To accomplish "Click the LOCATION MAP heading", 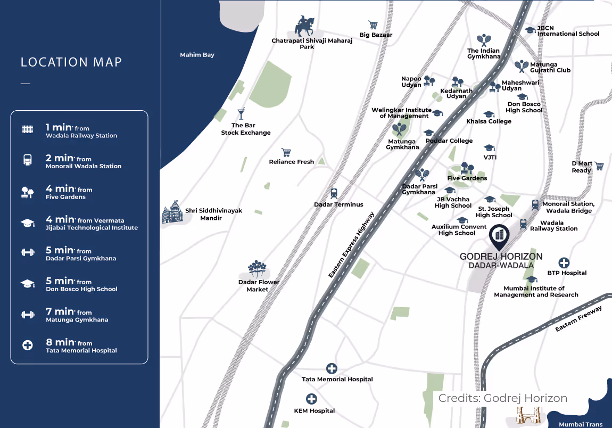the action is tap(71, 62).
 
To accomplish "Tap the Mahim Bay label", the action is tap(197, 55).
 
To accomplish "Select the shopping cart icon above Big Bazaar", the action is tap(373, 25).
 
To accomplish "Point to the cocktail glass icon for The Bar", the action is tap(241, 114).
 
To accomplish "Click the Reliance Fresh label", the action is tap(291, 162).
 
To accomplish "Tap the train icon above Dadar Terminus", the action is tap(334, 193).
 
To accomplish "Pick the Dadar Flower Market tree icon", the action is tap(258, 269).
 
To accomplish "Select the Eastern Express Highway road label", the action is tap(351, 245).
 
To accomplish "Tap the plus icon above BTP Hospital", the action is tap(564, 263).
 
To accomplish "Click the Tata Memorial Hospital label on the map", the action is tap(337, 380).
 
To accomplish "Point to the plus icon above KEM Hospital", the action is tap(311, 399).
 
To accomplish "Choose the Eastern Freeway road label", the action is tap(578, 319).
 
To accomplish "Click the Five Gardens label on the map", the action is tap(467, 178).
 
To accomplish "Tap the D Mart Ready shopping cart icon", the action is tap(599, 166).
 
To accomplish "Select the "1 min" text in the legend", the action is tap(59, 127).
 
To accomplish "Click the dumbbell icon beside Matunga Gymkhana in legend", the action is tap(27, 315).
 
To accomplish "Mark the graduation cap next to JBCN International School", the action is tap(530, 30).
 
